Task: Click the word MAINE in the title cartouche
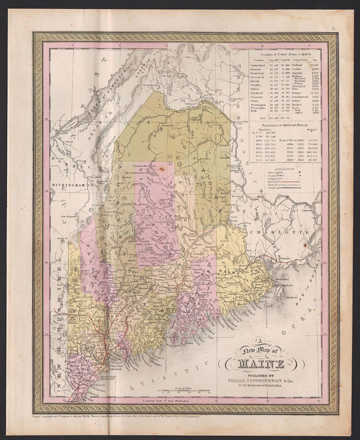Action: (x=261, y=364)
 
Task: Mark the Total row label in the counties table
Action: (x=263, y=119)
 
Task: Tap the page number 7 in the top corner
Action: (x=333, y=28)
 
